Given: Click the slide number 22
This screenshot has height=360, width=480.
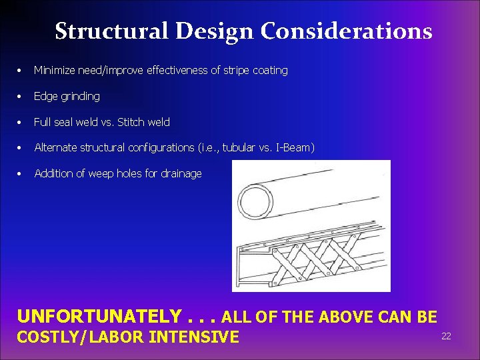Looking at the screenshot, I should (x=446, y=336).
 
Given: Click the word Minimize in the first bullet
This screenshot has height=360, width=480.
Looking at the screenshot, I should (x=55, y=70).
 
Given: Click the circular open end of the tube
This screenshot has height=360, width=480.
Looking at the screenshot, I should (x=257, y=203).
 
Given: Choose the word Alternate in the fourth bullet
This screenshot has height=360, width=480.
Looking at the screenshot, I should (x=55, y=147).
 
